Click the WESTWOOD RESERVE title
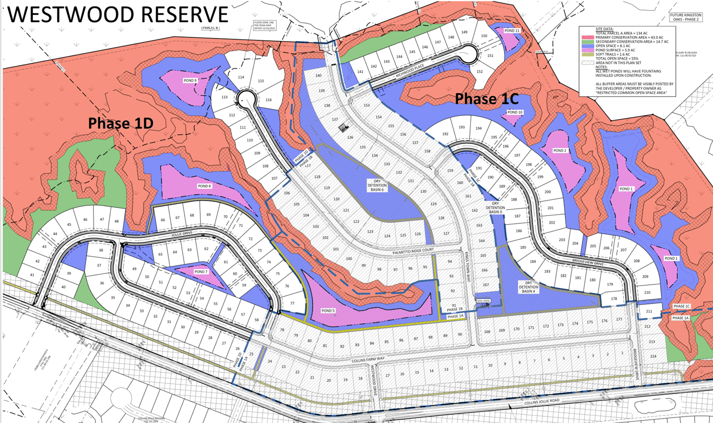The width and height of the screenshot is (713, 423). point(118,14)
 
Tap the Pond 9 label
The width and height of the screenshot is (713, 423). point(190,80)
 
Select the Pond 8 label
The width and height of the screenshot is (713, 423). point(204,186)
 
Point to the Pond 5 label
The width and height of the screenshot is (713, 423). point(328,311)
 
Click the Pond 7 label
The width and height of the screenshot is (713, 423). point(201,271)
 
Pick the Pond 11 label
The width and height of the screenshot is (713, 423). point(512,31)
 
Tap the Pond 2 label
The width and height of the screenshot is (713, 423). point(559,151)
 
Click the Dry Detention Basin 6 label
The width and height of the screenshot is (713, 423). point(377,185)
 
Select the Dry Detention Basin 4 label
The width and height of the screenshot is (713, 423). point(528,287)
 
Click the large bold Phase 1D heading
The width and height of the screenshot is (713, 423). point(121,123)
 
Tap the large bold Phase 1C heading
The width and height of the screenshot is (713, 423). point(486,99)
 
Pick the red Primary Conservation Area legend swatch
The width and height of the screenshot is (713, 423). point(588,37)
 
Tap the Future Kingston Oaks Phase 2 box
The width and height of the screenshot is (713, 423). point(686,17)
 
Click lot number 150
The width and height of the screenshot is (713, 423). point(484,36)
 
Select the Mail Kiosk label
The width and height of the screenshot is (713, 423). point(483,301)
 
